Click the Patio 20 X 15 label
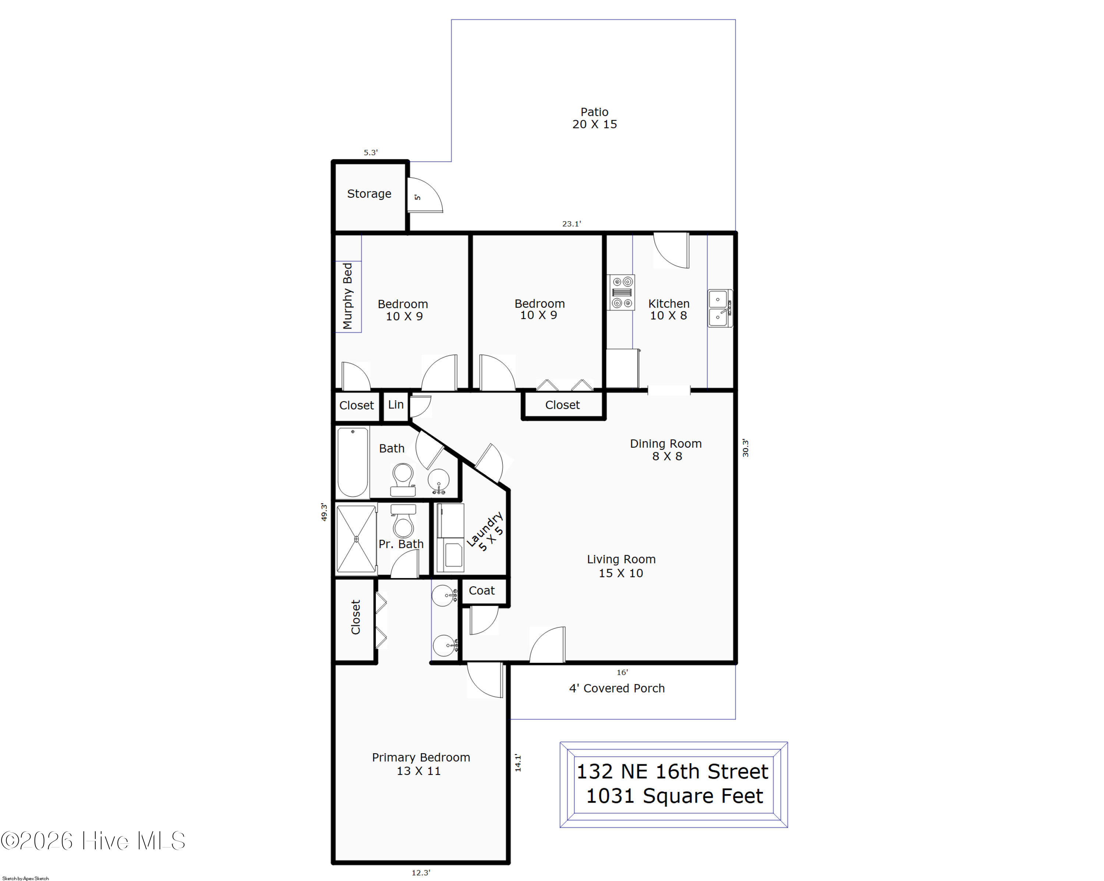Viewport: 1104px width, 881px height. (x=594, y=118)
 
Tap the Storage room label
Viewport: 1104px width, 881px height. (x=369, y=194)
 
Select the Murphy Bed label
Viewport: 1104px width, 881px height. (x=348, y=296)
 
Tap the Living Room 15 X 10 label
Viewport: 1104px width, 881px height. (x=621, y=566)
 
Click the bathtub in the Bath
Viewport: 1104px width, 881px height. (x=353, y=462)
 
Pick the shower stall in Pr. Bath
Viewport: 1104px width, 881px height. (x=356, y=539)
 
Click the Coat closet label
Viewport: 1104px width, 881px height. (x=482, y=591)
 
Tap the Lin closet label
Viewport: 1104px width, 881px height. (x=396, y=405)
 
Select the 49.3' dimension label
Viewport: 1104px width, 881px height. (x=323, y=512)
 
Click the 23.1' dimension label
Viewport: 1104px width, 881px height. (x=572, y=224)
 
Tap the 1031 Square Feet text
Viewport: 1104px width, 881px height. (x=675, y=796)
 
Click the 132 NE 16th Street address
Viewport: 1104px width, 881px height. (x=673, y=771)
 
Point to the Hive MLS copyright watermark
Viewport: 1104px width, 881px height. (x=93, y=841)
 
